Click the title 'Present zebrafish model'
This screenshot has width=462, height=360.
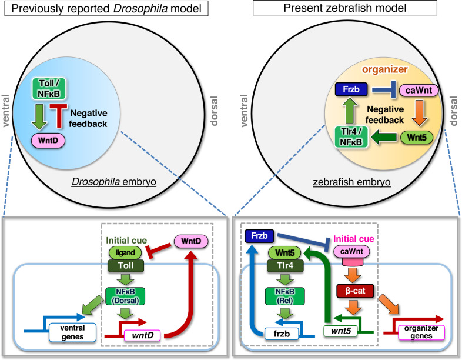pos(344,8)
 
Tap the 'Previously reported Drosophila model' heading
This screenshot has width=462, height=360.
pos(106,8)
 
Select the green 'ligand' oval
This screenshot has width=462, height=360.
pos(125,253)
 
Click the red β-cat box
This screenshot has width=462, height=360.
pos(355,291)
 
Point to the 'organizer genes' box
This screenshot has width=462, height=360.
pos(421,332)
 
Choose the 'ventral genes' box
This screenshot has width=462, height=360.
pos(72,332)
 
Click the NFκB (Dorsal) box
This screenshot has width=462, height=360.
pos(125,296)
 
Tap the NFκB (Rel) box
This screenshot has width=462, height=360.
pos(284,296)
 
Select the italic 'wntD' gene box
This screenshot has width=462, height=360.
pos(143,335)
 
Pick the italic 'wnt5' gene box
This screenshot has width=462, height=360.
pos(340,331)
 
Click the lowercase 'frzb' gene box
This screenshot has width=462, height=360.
pos(282,334)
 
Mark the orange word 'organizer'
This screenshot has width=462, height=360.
pos(385,69)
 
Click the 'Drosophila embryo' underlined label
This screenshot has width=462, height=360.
pos(113,181)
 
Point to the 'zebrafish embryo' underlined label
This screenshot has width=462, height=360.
pos(351,182)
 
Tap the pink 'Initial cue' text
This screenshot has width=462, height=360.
pos(354,238)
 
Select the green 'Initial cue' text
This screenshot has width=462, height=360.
pos(126,241)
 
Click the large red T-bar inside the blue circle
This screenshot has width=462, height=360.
pos(59,116)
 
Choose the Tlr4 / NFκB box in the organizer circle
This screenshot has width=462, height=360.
pos(351,137)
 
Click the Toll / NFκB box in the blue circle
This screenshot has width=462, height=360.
pos(49,88)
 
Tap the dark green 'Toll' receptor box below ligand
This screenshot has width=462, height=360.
pos(126,266)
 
